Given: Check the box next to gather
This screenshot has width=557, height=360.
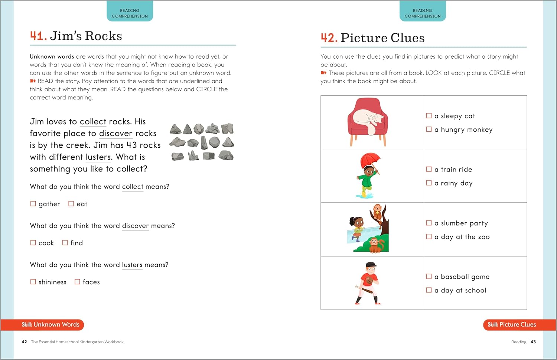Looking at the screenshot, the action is (x=33, y=204).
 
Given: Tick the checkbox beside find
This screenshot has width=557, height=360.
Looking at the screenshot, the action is (x=65, y=243).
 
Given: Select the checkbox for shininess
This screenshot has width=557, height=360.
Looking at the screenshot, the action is (x=33, y=282).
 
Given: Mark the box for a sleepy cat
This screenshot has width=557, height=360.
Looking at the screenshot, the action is (x=429, y=115).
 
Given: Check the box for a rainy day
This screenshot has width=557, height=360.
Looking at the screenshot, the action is (x=429, y=183).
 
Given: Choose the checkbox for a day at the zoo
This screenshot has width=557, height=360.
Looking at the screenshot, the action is (x=429, y=236).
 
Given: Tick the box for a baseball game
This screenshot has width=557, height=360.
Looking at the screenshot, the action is (x=429, y=276).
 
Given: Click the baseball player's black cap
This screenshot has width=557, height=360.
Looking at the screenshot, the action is (x=371, y=264).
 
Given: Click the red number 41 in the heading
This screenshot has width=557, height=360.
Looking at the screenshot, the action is (x=38, y=36).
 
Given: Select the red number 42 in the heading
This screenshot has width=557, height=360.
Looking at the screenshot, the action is (x=329, y=38).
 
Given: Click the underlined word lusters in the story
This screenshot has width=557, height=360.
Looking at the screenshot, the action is (x=98, y=157).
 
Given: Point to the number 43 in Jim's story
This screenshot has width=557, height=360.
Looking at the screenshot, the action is (x=132, y=145).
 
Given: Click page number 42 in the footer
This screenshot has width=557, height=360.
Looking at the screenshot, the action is (x=25, y=342).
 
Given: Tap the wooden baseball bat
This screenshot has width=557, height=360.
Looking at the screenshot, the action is (x=364, y=290).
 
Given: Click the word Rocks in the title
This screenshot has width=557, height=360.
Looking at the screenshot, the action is (x=104, y=36).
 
